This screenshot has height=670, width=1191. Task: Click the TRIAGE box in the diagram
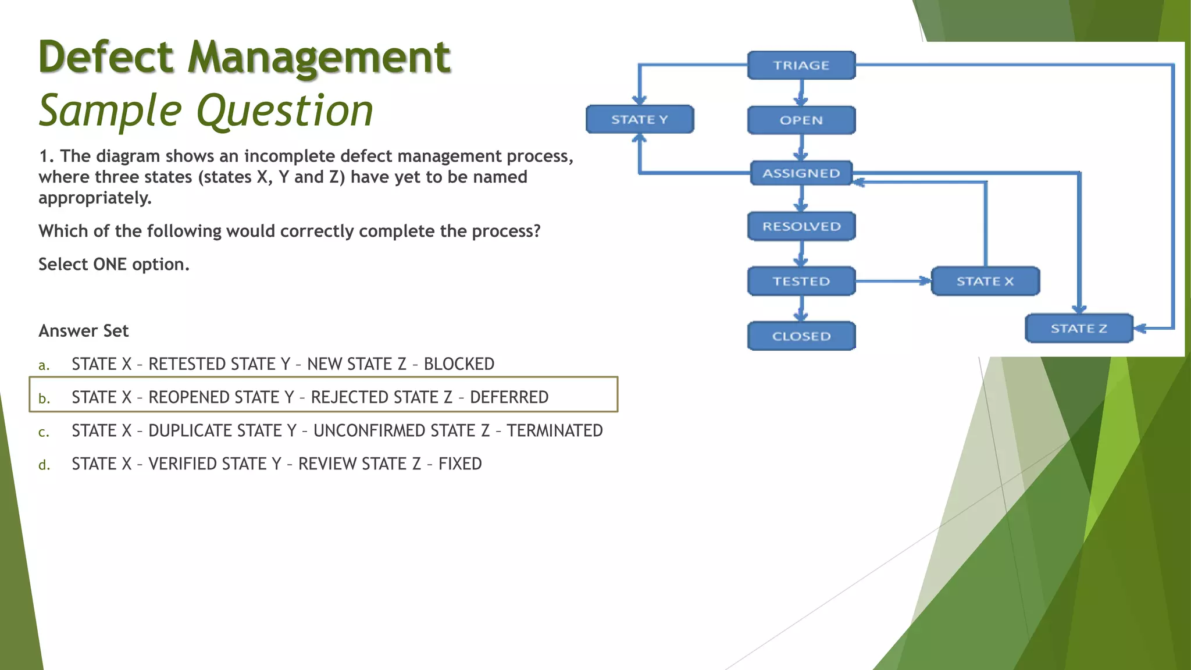click(801, 65)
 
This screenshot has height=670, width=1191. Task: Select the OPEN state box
click(801, 120)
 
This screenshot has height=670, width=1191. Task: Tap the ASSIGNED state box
click(801, 173)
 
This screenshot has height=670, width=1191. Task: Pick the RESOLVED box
click(801, 226)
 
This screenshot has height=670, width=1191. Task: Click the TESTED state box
click(801, 281)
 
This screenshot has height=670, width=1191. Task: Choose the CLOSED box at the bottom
click(801, 336)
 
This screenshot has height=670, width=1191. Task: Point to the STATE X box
click(985, 281)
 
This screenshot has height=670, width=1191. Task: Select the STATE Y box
click(639, 119)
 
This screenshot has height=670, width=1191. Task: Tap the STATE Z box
click(1079, 329)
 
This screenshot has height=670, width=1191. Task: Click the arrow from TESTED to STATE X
click(893, 281)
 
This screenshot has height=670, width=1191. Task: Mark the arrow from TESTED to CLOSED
click(801, 309)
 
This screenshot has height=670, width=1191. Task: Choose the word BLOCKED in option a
click(459, 364)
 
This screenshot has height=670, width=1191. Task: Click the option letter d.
click(44, 465)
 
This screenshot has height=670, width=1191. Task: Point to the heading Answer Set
click(83, 331)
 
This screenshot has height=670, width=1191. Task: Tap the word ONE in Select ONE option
click(110, 265)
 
